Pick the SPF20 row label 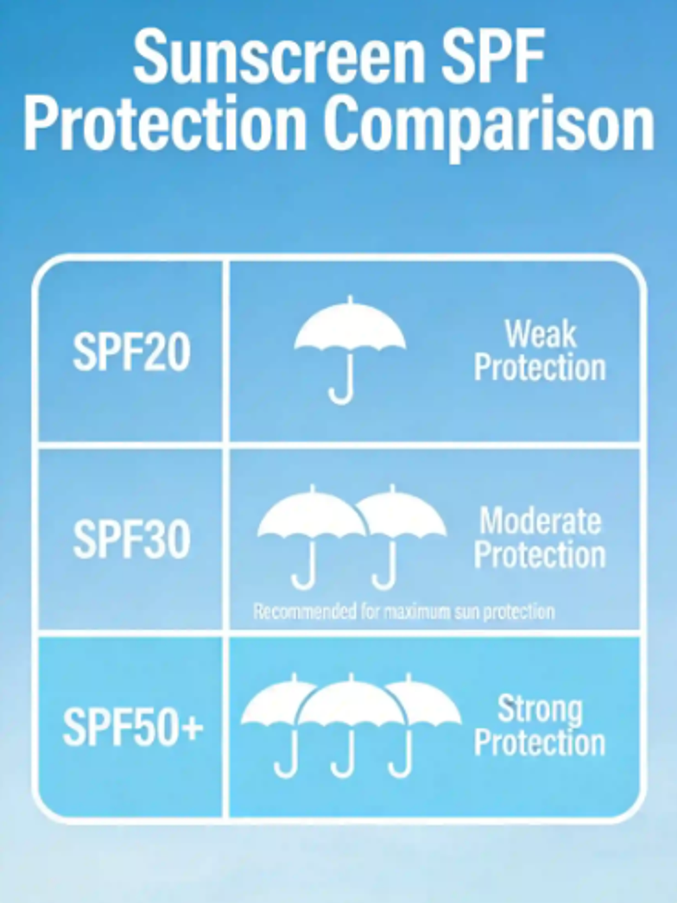[x=132, y=351]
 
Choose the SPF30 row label [x=132, y=539]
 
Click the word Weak [x=540, y=334]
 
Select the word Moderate [x=540, y=521]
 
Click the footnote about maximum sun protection [x=404, y=611]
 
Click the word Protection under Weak [x=540, y=368]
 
